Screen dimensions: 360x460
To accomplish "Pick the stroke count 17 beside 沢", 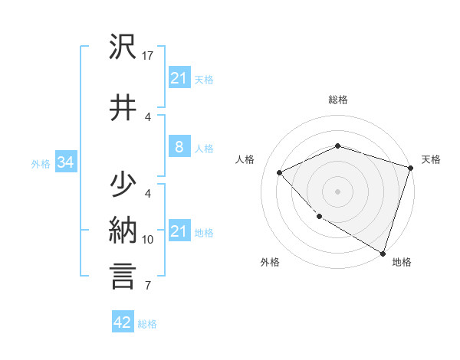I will tap(149, 56).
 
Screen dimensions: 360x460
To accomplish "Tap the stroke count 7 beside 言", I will tap(148, 286).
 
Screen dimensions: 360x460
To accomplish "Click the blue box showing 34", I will tap(65, 162).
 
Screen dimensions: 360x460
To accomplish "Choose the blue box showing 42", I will tap(122, 322).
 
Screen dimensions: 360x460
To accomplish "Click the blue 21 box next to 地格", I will tap(179, 231).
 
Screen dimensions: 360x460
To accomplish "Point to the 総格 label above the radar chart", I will tap(338, 100).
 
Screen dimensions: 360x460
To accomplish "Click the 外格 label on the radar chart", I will tap(270, 262).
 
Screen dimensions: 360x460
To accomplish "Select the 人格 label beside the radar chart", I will tap(245, 159).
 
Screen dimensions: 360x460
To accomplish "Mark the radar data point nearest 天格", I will tap(411, 168).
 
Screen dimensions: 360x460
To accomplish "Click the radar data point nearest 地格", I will tap(381, 252).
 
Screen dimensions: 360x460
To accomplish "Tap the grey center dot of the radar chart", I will tap(337, 191).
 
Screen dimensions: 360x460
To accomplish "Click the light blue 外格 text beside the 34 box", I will tap(41, 163).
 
